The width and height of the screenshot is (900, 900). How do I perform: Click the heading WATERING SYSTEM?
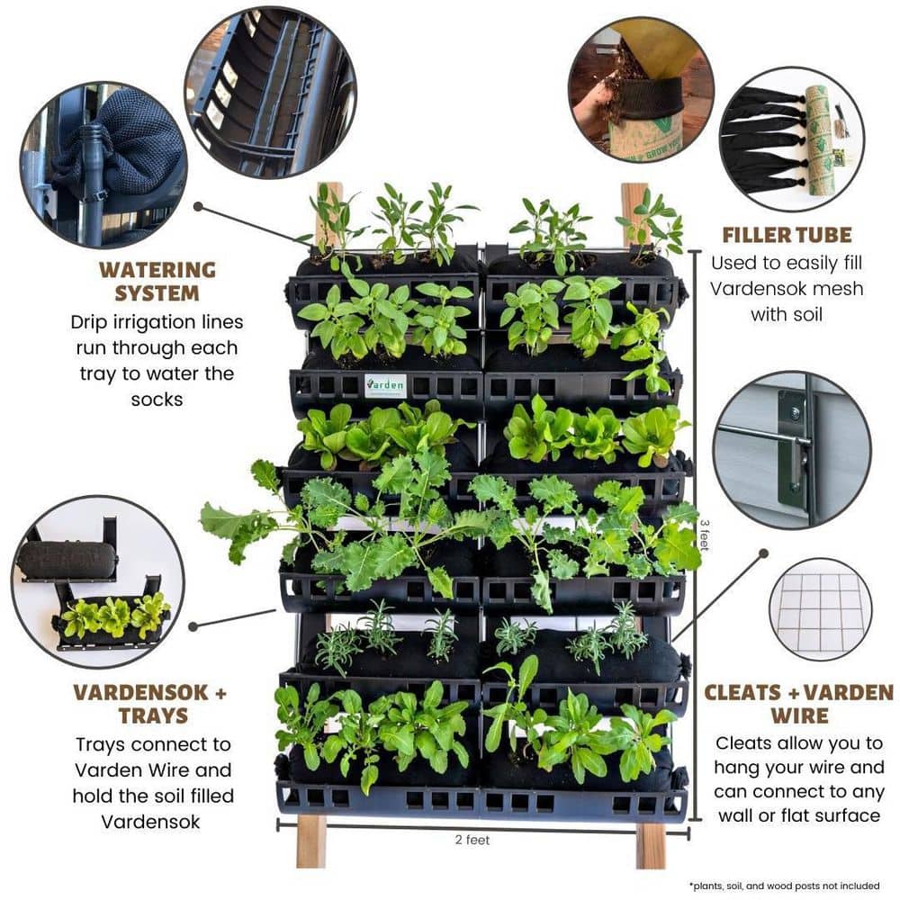(157, 281)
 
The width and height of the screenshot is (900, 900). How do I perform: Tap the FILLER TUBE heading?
(786, 236)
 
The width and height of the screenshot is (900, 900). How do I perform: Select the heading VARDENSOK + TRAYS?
(150, 705)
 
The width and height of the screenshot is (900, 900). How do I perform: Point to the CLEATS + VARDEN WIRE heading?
(798, 705)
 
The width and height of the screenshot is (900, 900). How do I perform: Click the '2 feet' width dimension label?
(472, 840)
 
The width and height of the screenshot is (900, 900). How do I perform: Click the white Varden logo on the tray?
(385, 385)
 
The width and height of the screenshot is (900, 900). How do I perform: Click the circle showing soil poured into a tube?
(641, 89)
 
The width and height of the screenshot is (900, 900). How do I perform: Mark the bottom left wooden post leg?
(311, 841)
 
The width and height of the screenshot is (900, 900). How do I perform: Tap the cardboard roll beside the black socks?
(818, 139)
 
